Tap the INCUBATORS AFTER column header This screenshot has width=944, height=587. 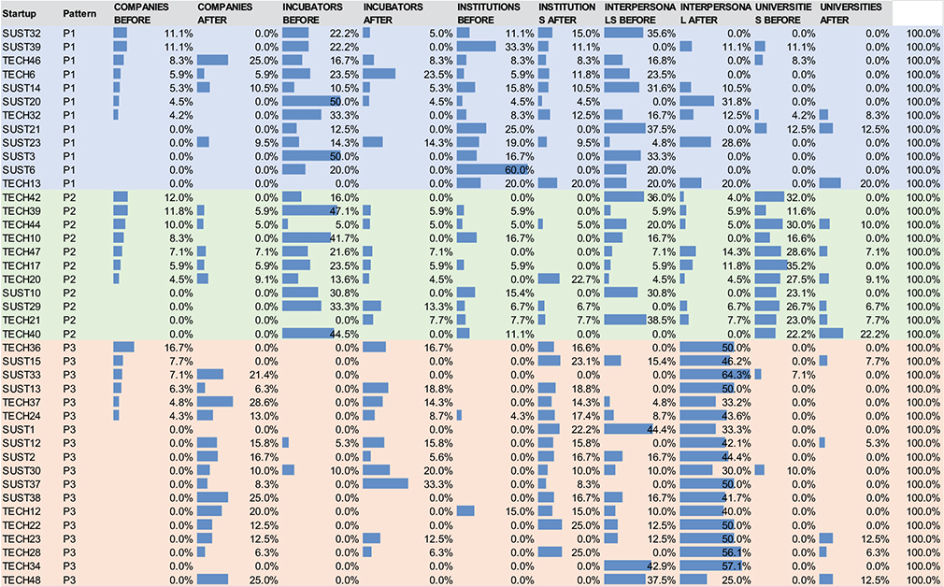[x=393, y=13]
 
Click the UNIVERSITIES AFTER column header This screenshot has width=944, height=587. [x=851, y=13]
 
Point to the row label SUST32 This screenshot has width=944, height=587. [x=21, y=33]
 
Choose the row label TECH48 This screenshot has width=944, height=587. [x=21, y=580]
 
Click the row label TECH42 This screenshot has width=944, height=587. [x=21, y=198]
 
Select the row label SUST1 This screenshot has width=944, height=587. [x=19, y=429]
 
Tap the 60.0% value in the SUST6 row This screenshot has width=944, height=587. [x=520, y=170]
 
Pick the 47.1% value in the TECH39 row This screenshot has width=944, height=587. [x=348, y=211]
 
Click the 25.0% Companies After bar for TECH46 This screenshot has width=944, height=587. [x=212, y=60]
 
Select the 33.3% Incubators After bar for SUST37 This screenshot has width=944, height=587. [x=385, y=483]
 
